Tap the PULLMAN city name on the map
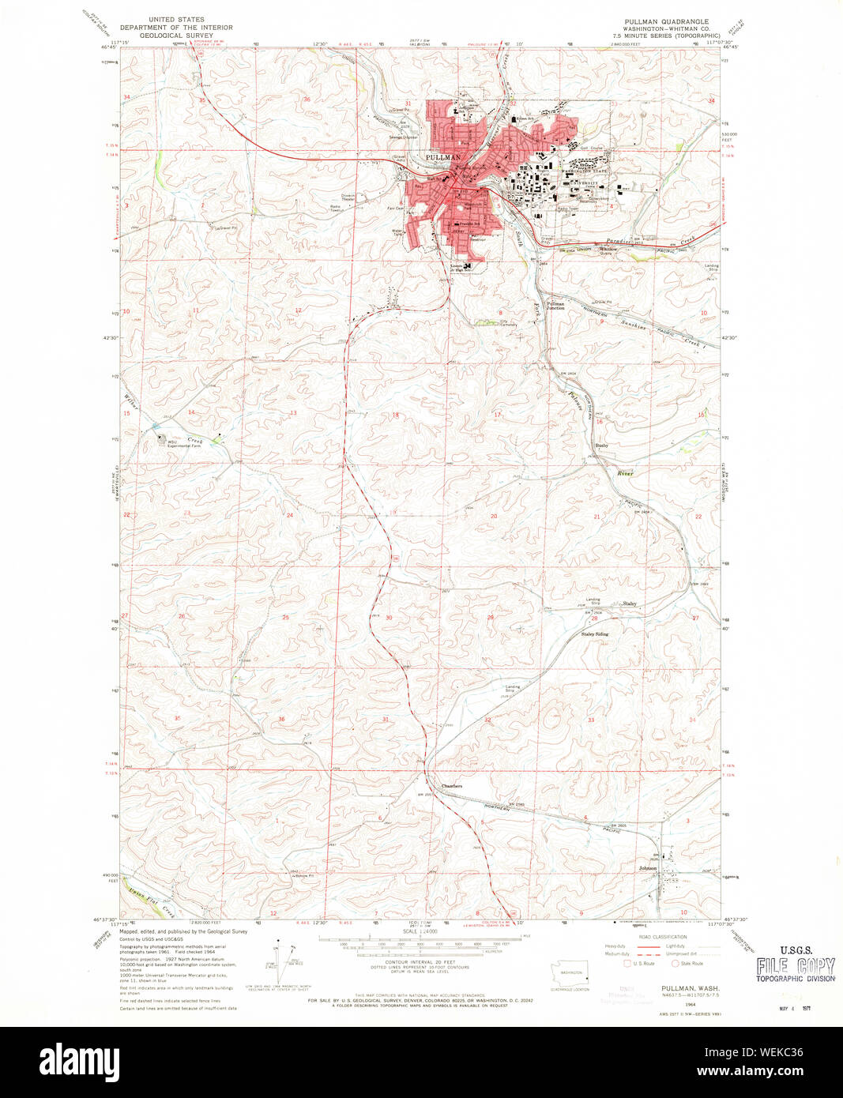(x=442, y=158)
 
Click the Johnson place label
(x=648, y=868)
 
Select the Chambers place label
(x=451, y=786)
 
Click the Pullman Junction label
(x=556, y=306)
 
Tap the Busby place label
(x=601, y=446)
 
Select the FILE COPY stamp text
(x=795, y=966)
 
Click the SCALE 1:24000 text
(x=420, y=931)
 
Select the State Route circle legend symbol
(x=674, y=963)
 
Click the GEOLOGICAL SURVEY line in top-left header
(x=176, y=36)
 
